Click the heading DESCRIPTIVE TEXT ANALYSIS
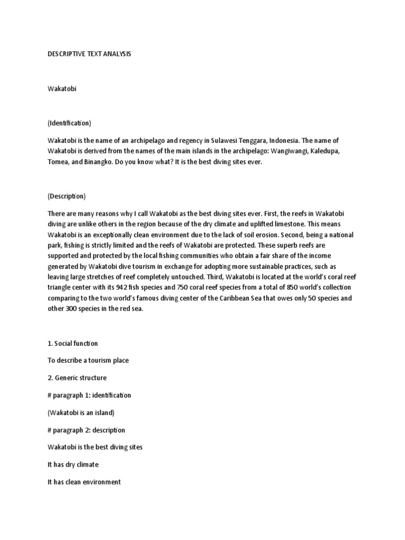(89, 54)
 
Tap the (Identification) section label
(70, 123)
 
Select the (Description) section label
(66, 196)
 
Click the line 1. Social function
(73, 343)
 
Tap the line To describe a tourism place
(88, 360)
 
